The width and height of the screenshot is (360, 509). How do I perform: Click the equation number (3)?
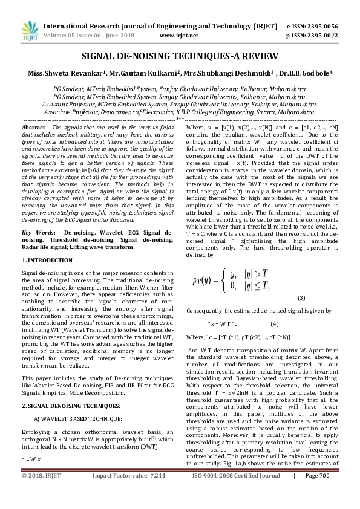click(301, 298)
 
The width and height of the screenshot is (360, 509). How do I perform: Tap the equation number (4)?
click(274, 325)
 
